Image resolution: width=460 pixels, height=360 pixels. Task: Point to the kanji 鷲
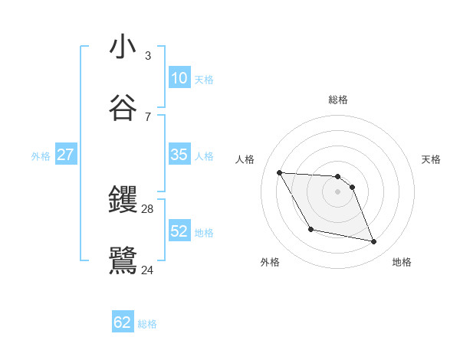click(x=123, y=260)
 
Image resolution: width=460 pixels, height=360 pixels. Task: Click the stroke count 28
click(x=148, y=209)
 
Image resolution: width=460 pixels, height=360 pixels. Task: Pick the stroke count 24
click(x=148, y=269)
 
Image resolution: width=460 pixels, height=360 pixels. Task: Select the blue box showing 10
click(x=179, y=78)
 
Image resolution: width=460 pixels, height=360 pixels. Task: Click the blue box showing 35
click(x=179, y=155)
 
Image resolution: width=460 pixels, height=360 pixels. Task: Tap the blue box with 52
click(x=179, y=231)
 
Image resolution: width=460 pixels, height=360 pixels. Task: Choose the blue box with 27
click(x=65, y=155)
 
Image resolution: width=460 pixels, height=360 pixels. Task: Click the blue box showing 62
click(x=123, y=322)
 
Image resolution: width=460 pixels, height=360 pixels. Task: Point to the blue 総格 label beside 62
click(x=147, y=324)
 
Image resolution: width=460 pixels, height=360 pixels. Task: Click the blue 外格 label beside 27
click(x=41, y=156)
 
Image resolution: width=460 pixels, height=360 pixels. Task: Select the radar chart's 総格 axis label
click(x=338, y=100)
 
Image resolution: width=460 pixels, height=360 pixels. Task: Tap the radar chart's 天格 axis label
click(x=431, y=159)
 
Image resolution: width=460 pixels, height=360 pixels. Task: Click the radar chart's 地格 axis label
click(x=402, y=262)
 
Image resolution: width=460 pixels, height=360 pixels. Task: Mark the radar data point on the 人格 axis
click(x=280, y=172)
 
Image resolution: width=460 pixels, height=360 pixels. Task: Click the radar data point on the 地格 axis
click(x=374, y=242)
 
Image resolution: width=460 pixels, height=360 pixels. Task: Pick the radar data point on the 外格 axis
click(x=310, y=229)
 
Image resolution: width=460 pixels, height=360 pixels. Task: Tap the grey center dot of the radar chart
click(x=338, y=191)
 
